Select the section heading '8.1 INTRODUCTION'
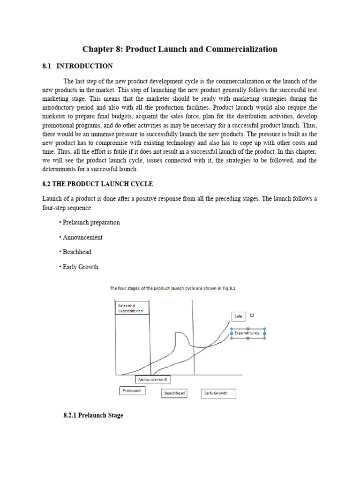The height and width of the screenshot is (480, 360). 77,66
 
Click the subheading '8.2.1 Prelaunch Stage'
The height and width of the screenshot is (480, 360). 93,415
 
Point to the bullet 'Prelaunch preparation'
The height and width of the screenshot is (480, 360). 90,222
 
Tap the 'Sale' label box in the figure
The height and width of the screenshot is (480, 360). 239,316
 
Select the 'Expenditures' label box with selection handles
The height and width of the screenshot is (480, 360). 247,333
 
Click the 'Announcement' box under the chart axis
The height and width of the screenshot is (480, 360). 152,379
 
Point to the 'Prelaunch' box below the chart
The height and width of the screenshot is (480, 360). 132,390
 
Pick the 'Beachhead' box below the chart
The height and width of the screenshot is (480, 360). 174,393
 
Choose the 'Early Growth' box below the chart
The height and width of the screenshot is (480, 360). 218,393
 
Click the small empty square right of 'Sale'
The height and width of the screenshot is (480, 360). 252,315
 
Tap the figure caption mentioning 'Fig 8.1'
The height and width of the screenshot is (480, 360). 172,289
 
